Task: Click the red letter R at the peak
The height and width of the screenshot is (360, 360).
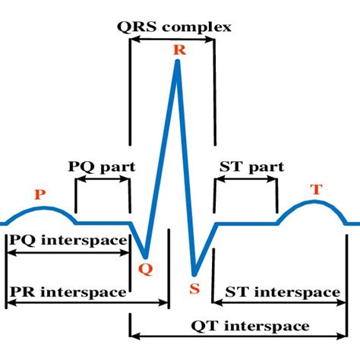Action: [179, 50]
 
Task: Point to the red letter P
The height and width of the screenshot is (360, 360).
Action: [39, 194]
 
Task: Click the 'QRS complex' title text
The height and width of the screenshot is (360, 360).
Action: [174, 27]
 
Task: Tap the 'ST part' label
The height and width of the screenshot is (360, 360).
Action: [251, 166]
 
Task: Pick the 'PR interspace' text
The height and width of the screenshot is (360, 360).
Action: [68, 291]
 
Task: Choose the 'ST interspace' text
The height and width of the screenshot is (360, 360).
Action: [283, 292]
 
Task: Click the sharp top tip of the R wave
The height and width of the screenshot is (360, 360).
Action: [178, 61]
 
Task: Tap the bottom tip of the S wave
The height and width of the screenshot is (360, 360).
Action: [194, 274]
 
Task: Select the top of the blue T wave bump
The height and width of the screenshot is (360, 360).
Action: [315, 202]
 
